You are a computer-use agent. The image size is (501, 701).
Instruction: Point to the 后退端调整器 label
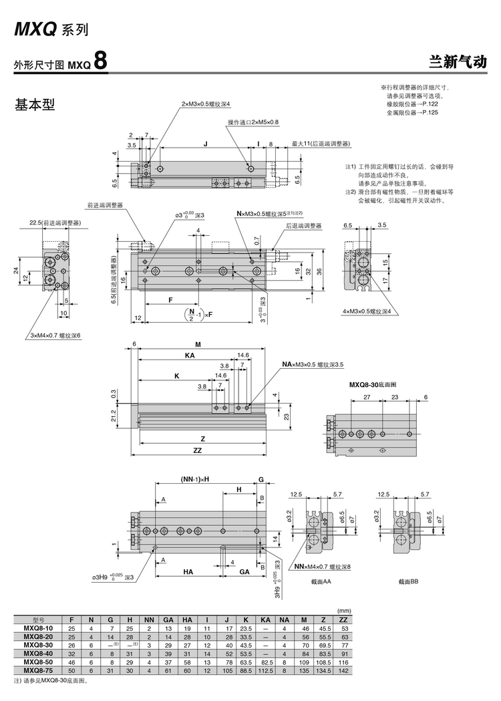pos(304,226)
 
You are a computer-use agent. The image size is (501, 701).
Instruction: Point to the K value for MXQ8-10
pos(246,628)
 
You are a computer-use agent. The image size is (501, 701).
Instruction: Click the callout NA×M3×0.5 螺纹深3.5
pos(313,364)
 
